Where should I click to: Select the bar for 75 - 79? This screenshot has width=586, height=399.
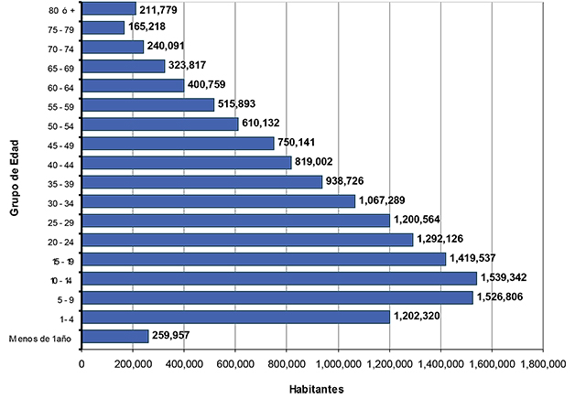pos(103,27)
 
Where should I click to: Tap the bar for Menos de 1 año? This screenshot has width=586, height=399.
pos(115,336)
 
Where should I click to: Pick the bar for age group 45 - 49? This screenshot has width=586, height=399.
pos(179,143)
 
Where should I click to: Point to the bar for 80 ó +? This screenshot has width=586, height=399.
pos(109,9)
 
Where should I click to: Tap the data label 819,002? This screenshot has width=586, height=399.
pos(322,162)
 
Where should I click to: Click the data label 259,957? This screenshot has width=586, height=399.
pos(176,336)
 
